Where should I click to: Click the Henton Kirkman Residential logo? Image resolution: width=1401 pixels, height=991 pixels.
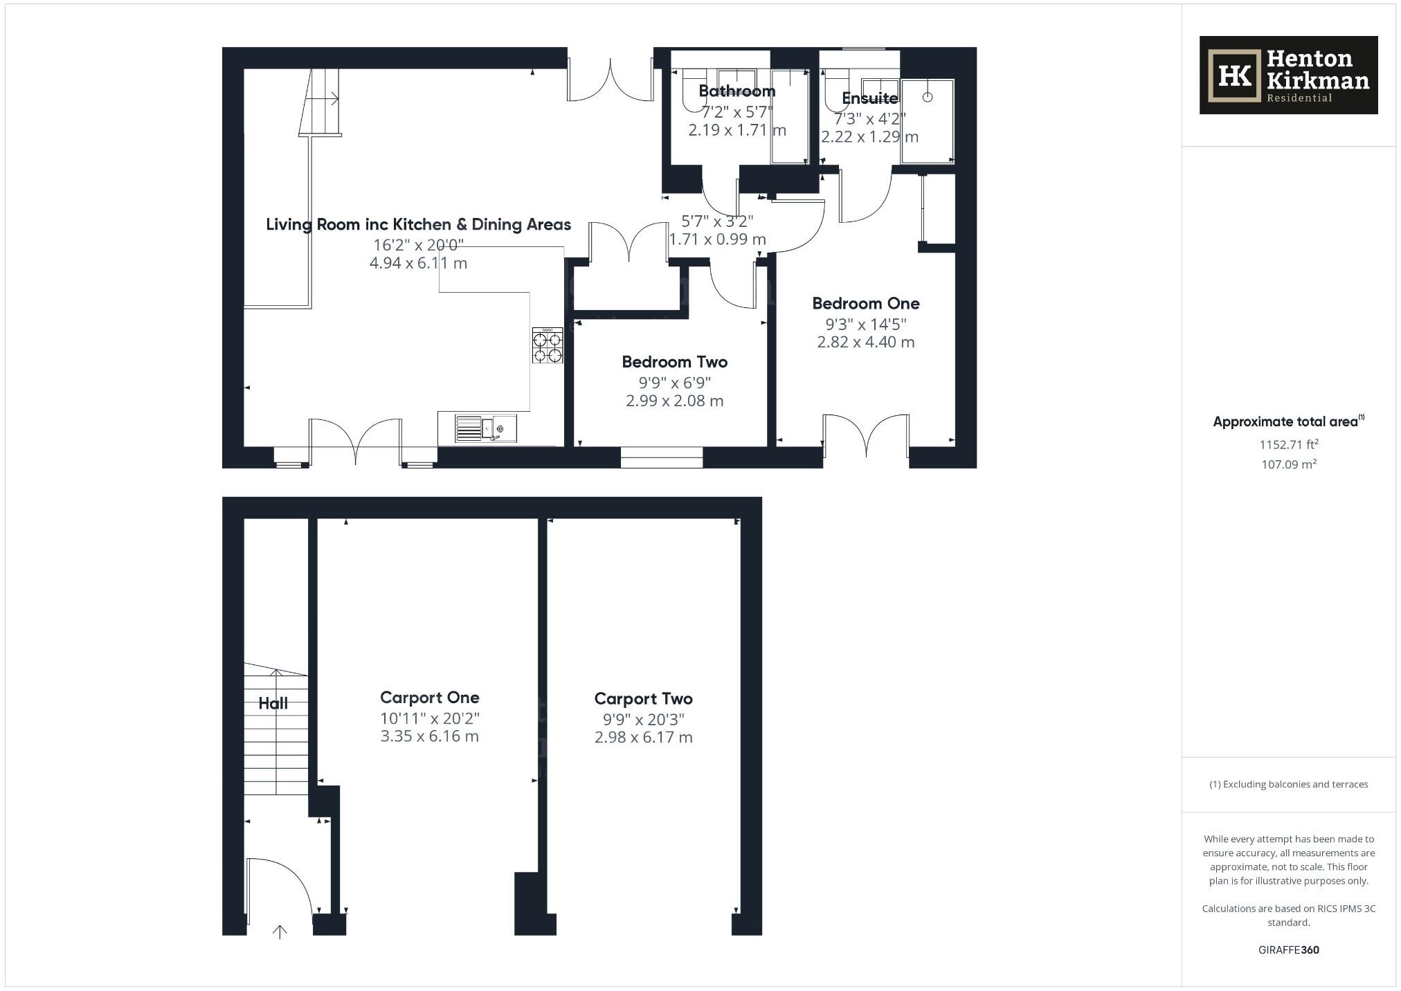[x=1287, y=75]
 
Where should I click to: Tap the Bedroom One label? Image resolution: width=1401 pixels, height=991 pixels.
[x=865, y=303]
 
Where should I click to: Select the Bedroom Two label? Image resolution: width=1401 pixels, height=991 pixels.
[x=674, y=362]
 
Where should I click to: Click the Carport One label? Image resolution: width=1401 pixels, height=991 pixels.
[x=429, y=698]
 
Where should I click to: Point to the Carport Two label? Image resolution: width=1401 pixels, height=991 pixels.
[x=643, y=699]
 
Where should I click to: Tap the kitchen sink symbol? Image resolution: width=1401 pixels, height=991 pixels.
[x=486, y=428]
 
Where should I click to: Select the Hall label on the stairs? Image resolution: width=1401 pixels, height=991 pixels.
[x=273, y=704]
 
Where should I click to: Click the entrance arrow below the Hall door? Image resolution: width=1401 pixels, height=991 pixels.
[x=280, y=932]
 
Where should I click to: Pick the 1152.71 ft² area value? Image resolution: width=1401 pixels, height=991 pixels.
[x=1288, y=444]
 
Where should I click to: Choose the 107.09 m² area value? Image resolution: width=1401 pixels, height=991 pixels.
[x=1288, y=464]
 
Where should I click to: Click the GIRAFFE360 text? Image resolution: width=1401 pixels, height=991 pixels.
[x=1288, y=950]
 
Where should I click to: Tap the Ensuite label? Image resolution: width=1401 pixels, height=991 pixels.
[x=869, y=98]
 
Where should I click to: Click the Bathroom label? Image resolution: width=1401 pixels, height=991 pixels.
[x=736, y=91]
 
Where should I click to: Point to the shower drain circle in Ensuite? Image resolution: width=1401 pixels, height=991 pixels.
[x=927, y=97]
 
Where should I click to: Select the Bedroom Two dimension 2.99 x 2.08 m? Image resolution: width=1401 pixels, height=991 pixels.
[x=674, y=401]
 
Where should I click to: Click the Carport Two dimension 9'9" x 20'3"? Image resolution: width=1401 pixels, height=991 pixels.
[x=643, y=720]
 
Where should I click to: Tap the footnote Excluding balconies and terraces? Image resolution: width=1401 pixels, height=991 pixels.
[x=1288, y=784]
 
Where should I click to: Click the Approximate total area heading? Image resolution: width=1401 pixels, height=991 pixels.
[x=1285, y=421]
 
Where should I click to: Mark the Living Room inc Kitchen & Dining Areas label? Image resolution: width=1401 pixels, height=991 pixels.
[x=418, y=224]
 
